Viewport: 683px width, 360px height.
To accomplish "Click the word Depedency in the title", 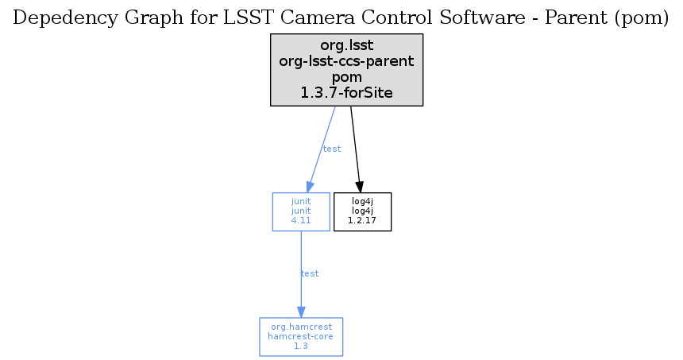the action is point(65,18).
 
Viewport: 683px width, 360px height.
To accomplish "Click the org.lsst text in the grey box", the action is point(347,45).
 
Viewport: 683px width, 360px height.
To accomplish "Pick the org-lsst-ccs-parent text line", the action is point(347,61).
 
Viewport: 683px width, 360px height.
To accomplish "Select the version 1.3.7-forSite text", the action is point(347,92).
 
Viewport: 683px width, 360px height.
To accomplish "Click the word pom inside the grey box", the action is point(347,77).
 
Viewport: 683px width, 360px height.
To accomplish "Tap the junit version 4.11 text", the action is point(301,220).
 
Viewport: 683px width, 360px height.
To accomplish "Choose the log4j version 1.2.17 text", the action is point(362,220).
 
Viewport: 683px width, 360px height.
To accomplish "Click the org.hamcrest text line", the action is point(302,327).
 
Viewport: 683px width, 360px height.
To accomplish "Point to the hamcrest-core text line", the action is point(300,336).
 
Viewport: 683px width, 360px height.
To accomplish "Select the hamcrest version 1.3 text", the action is point(300,346).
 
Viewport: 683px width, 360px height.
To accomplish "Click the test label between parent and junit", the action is point(332,149).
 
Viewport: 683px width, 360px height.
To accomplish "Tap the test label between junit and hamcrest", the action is point(310,273).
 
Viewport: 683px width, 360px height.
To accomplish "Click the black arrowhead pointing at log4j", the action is point(359,187).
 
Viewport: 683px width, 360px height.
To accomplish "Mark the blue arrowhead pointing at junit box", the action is point(310,187).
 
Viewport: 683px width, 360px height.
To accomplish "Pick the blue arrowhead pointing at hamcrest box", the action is point(301,312).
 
